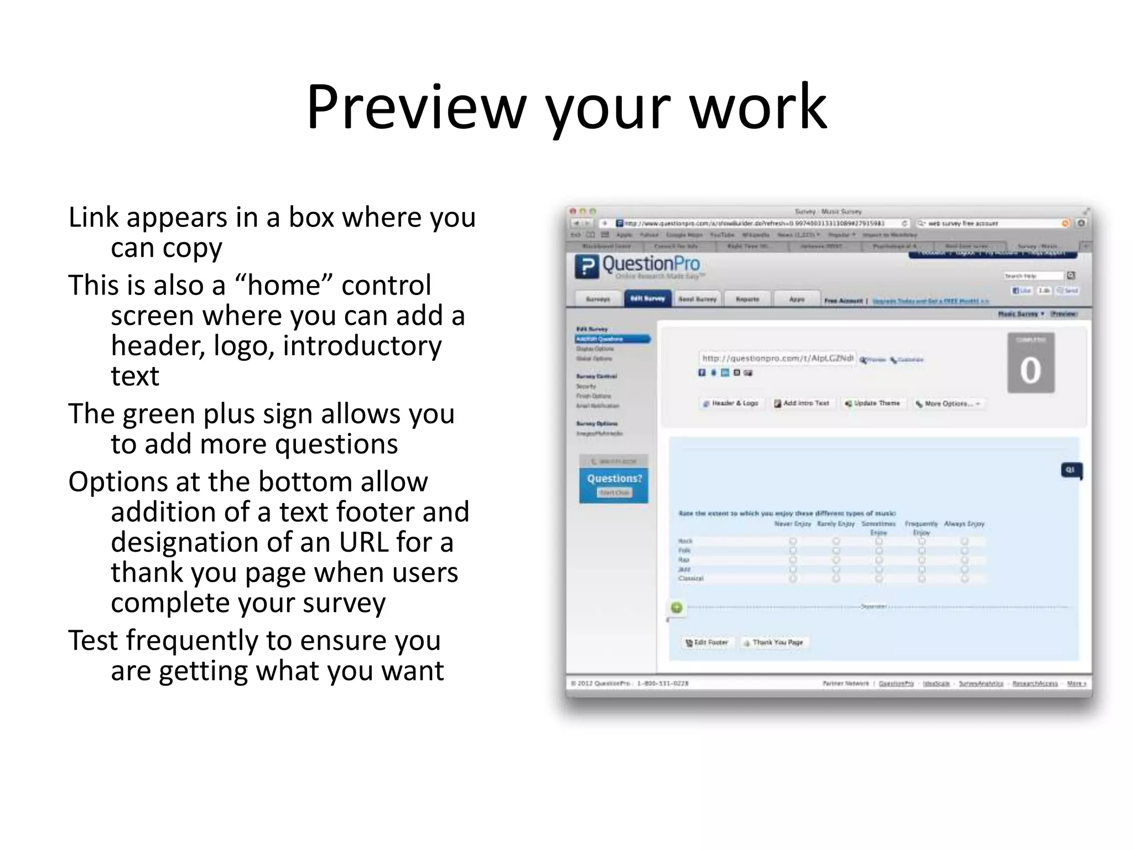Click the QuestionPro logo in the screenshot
point(637,266)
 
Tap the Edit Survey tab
point(647,299)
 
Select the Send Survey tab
point(697,299)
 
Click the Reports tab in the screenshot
point(747,299)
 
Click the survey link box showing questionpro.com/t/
point(777,359)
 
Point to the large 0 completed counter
point(1030,370)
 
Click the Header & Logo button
point(730,403)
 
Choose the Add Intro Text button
point(802,403)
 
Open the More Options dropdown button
point(947,404)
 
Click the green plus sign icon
point(676,608)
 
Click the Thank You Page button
point(773,642)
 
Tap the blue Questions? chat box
point(614,485)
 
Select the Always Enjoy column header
point(964,524)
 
